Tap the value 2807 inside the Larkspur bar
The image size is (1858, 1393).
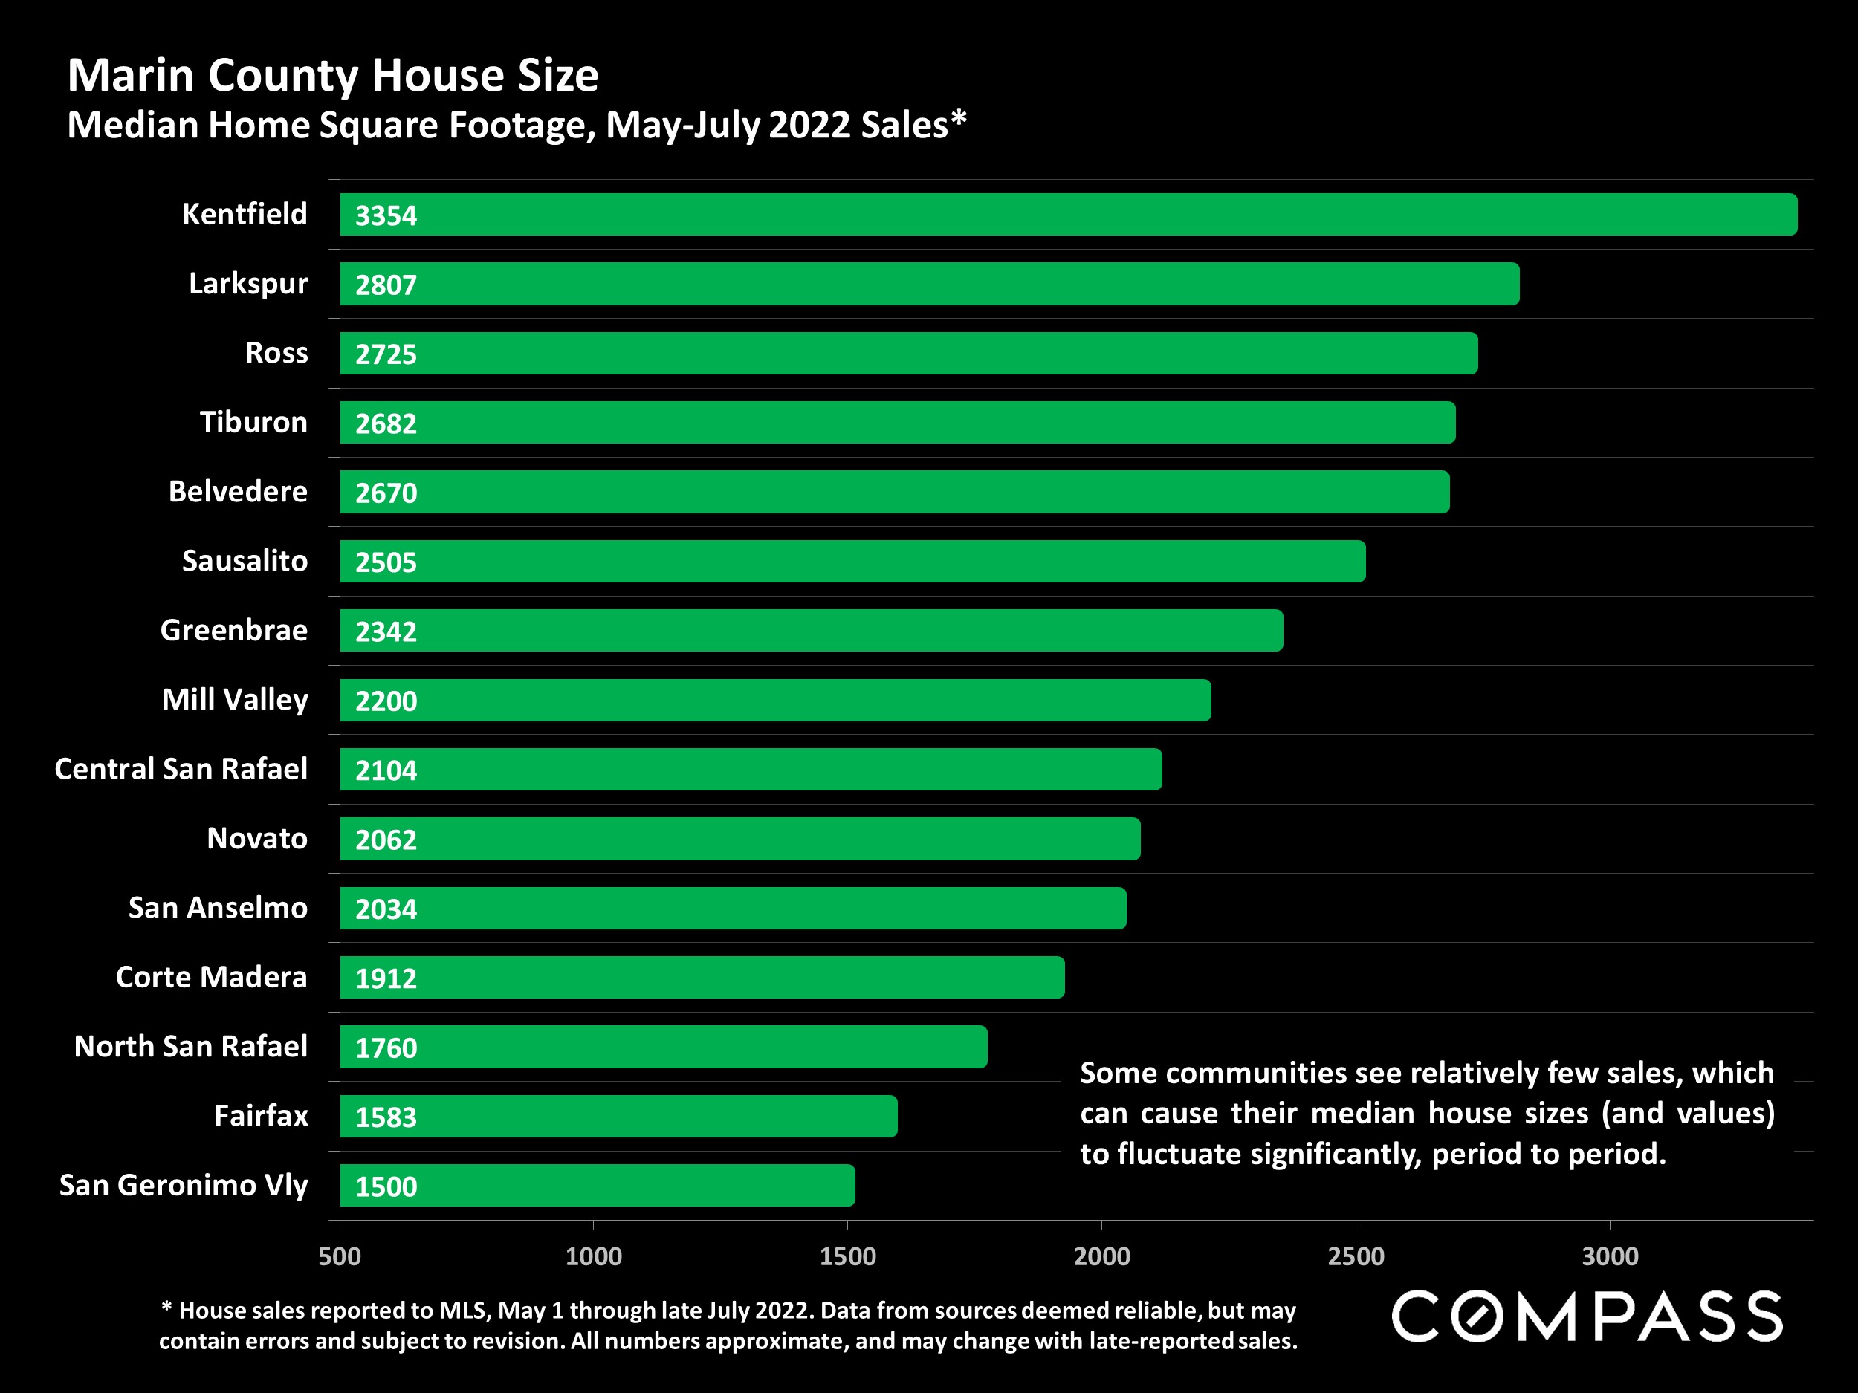coord(386,285)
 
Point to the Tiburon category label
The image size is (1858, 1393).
coord(253,422)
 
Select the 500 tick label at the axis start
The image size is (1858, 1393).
coord(340,1256)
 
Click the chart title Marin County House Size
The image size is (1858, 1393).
coord(333,76)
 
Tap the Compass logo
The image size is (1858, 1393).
coord(1587,1316)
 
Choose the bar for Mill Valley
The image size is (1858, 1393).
coord(774,701)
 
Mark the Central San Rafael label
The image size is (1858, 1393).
coord(181,769)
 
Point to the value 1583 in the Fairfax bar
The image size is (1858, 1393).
coord(386,1117)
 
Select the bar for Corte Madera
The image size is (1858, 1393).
coord(702,978)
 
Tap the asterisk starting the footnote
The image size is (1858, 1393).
coord(166,1308)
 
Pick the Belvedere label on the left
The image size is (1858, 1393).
coord(238,491)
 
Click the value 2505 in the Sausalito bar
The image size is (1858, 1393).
coord(386,562)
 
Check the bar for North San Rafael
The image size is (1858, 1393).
coord(663,1046)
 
